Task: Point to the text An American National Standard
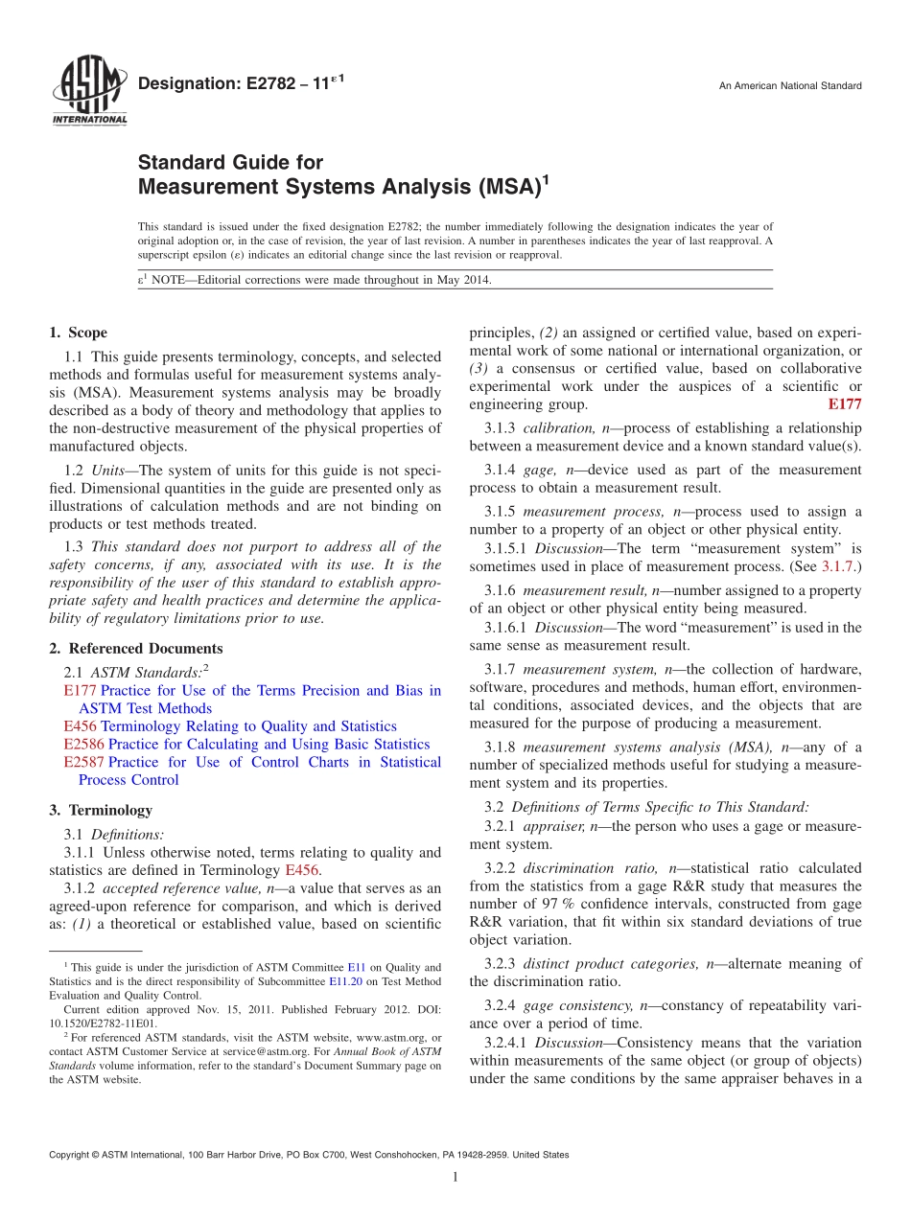pos(790,86)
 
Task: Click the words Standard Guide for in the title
pos(230,163)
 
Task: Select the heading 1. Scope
pos(79,333)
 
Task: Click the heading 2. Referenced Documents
pos(136,649)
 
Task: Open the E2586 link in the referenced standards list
pos(83,745)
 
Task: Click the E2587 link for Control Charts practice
pos(83,763)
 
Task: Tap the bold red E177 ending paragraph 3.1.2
pos(844,405)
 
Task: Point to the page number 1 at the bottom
pos(455,1177)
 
